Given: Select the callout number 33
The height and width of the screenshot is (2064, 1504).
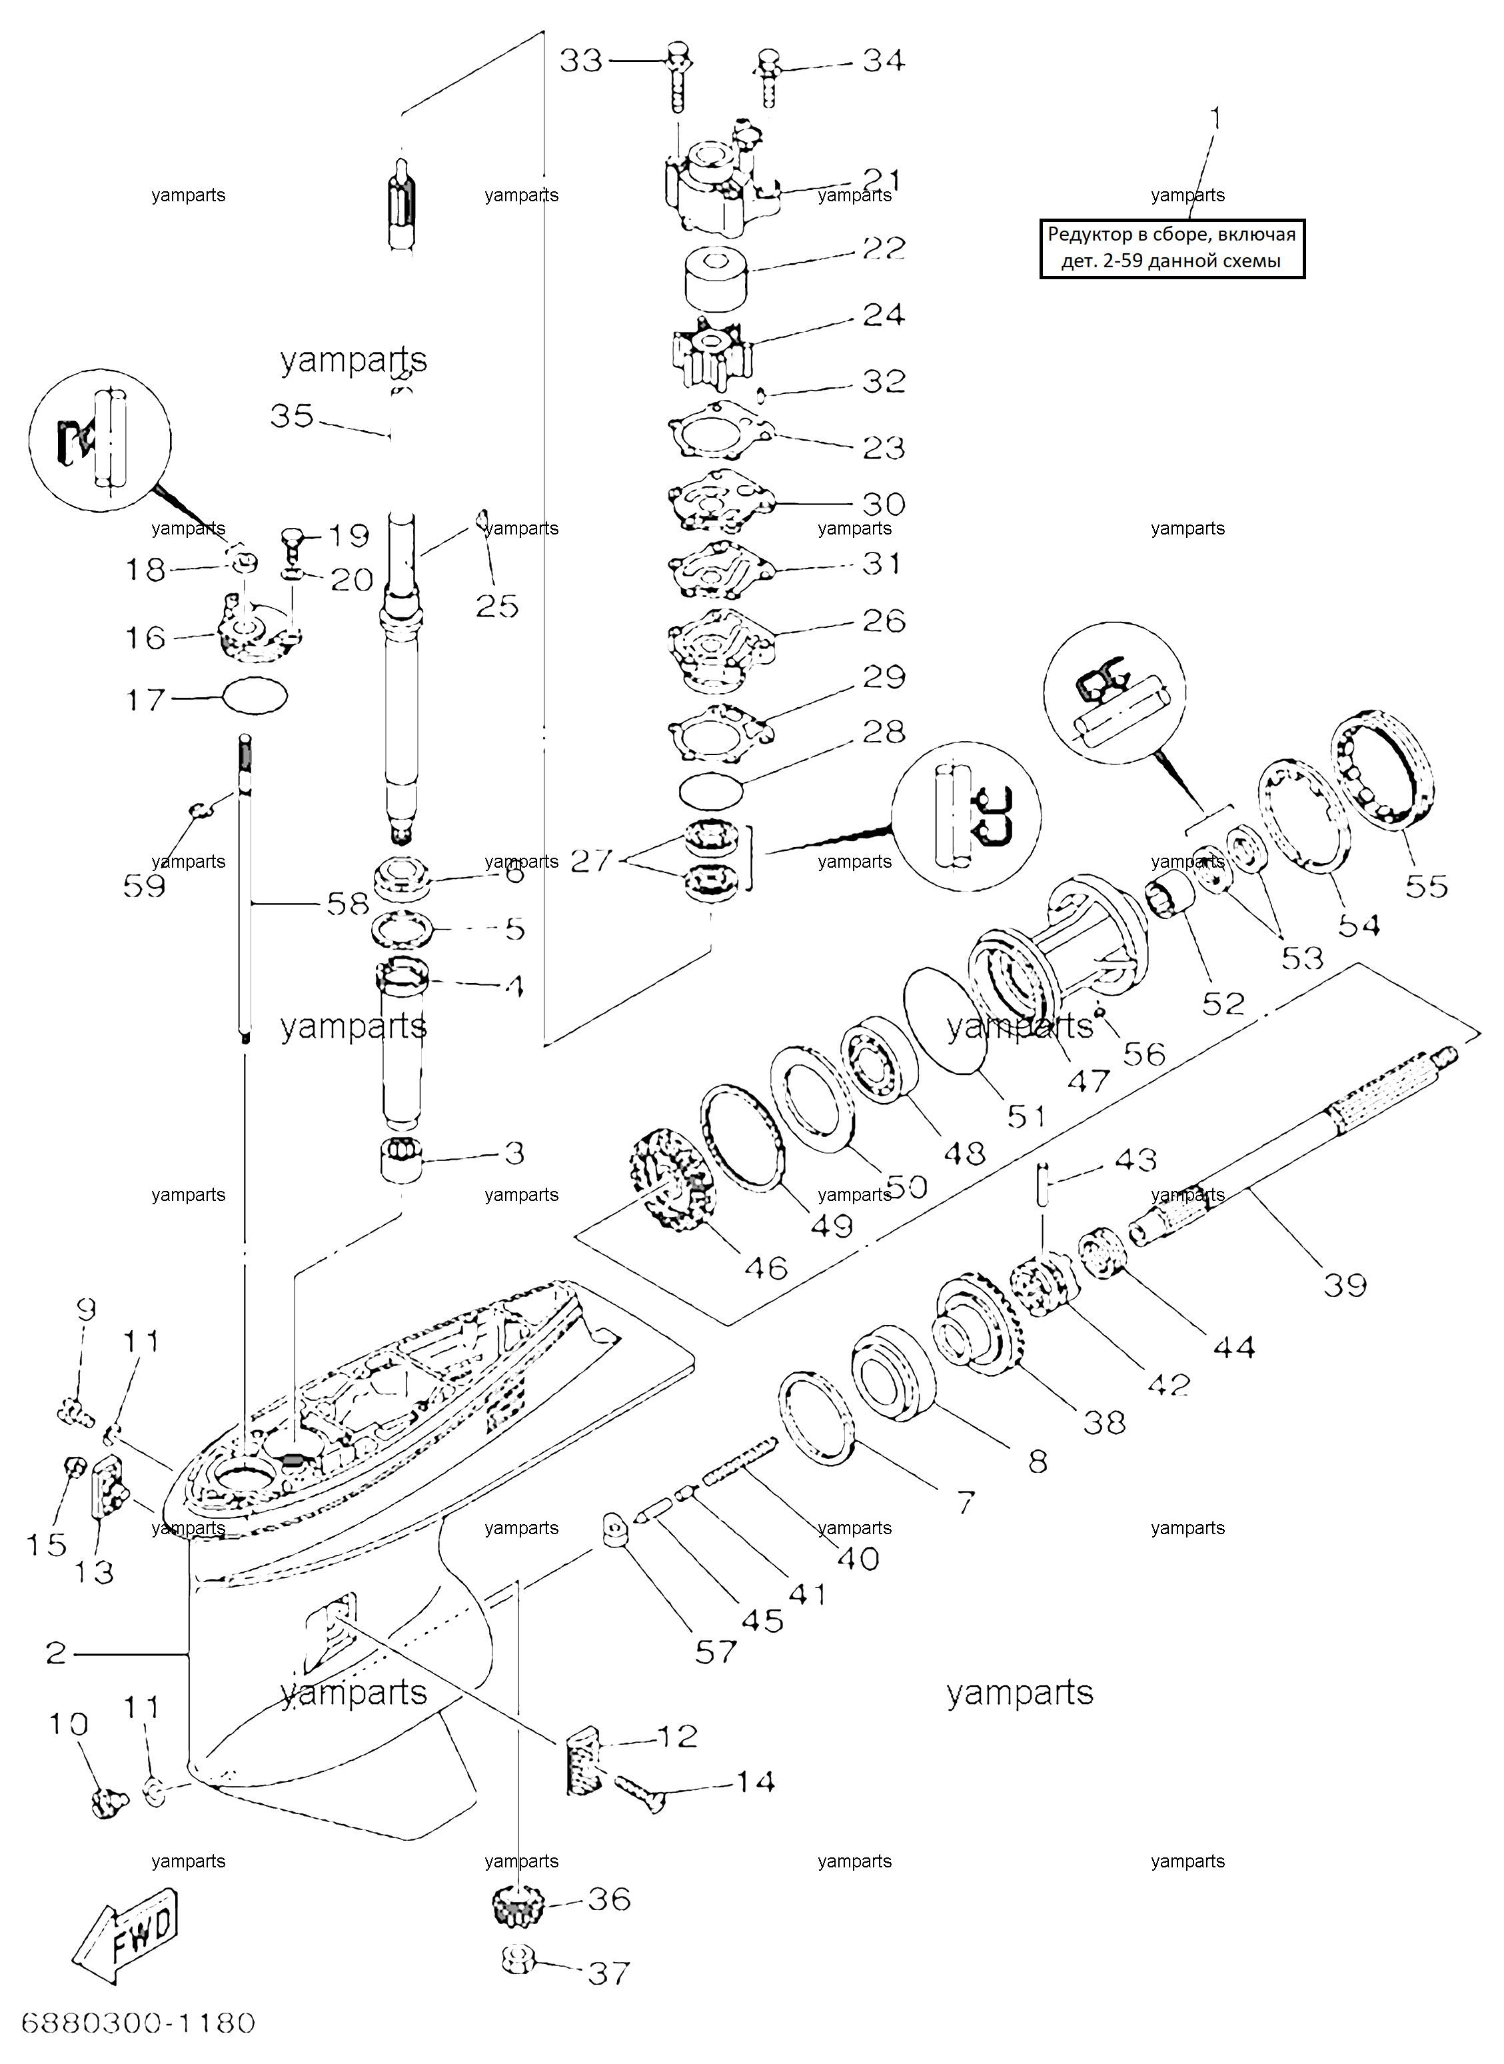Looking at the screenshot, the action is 581,61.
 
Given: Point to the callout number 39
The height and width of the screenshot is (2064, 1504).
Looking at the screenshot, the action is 1345,1285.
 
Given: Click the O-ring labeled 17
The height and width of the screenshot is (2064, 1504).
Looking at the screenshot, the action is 255,696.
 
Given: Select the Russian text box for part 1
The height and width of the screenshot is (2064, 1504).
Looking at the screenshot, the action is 1173,249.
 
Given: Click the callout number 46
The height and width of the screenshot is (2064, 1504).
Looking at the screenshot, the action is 765,1268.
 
